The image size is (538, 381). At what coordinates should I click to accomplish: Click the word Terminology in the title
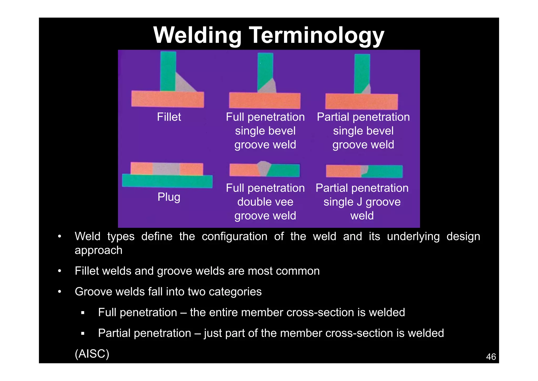coord(317,35)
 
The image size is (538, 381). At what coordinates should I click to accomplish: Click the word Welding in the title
coord(197,35)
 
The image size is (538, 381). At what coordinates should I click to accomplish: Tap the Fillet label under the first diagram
coord(169,117)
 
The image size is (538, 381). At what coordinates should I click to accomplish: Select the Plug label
coord(169,197)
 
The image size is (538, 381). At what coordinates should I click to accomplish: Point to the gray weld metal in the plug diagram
coord(166,169)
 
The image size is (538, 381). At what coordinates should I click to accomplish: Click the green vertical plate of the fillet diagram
coord(168,71)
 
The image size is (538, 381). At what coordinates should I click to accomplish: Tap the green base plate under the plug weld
coord(167,181)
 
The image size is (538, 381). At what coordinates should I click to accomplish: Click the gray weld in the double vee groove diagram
coord(264,168)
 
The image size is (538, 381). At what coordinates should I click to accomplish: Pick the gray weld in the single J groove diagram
coord(364,170)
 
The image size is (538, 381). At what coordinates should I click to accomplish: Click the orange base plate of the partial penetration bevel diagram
coord(361,102)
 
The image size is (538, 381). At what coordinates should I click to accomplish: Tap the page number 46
coord(491,357)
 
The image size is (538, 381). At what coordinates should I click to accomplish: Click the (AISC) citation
coord(92,354)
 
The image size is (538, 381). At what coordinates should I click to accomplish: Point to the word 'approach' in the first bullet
coord(99,250)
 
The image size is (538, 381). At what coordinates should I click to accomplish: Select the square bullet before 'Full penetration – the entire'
coord(83,313)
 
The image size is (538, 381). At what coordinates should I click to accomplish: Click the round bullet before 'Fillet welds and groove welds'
coord(60,271)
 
